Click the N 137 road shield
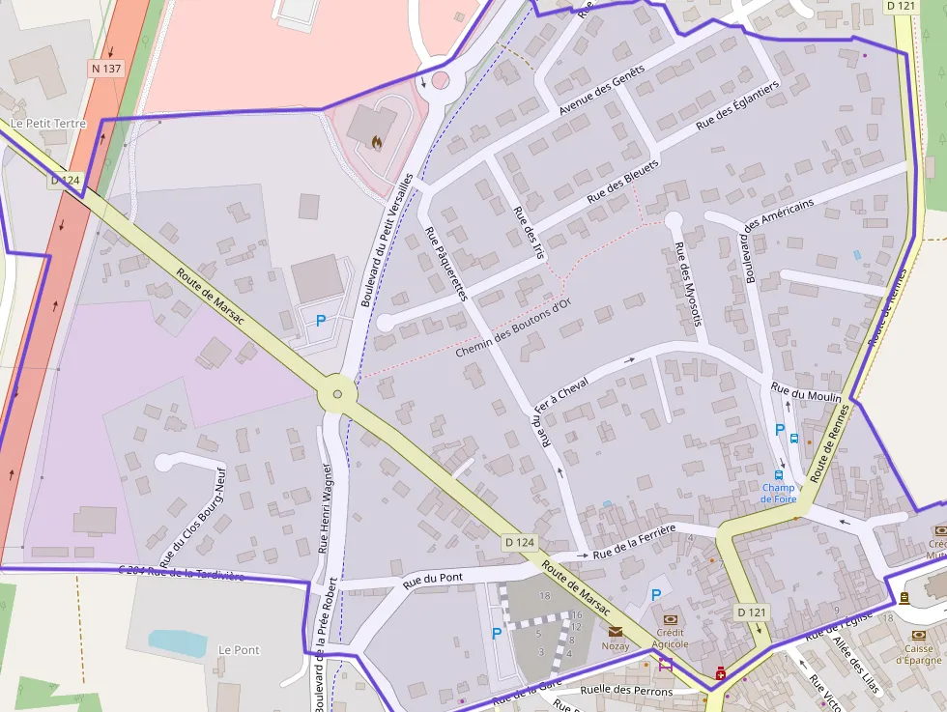(106, 69)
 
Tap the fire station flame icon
(376, 143)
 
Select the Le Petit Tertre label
(48, 124)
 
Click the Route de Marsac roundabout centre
(336, 393)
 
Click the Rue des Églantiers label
(737, 106)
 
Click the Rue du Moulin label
(806, 391)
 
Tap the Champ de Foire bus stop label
(778, 493)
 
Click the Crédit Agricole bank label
(671, 638)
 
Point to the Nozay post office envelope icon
(616, 631)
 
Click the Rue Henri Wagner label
(326, 507)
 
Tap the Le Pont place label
(240, 649)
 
